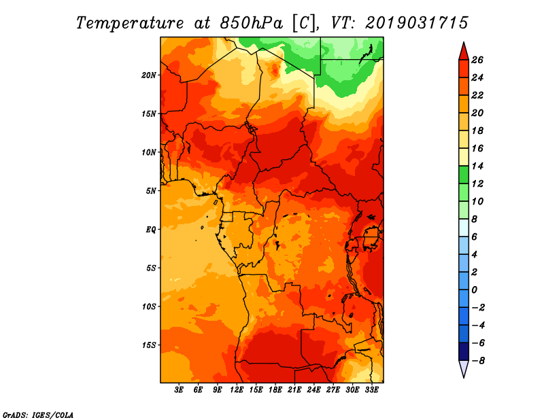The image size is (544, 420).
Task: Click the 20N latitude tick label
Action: [149, 75]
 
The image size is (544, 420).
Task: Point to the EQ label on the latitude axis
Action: [151, 230]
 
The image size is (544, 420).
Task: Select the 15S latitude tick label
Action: [149, 345]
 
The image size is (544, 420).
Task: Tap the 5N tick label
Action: [151, 191]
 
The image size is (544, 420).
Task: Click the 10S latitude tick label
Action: [149, 307]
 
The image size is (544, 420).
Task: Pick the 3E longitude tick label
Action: [179, 390]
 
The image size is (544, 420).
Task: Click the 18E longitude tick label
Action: [275, 390]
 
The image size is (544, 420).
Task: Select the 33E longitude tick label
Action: [371, 390]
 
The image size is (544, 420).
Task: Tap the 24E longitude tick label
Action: [313, 390]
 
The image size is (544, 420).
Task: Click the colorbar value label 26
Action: [477, 60]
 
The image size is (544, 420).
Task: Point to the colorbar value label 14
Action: [477, 166]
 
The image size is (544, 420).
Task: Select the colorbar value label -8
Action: [478, 361]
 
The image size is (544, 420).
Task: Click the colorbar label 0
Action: [474, 290]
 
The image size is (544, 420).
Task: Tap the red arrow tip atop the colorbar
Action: [464, 43]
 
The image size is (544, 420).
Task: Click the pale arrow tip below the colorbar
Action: [464, 377]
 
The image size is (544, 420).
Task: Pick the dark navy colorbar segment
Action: [464, 351]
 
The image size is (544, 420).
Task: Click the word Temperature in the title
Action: [130, 23]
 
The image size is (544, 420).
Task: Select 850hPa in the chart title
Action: [251, 23]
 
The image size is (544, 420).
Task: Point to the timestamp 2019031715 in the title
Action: [416, 23]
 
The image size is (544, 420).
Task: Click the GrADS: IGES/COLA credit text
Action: [38, 415]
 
